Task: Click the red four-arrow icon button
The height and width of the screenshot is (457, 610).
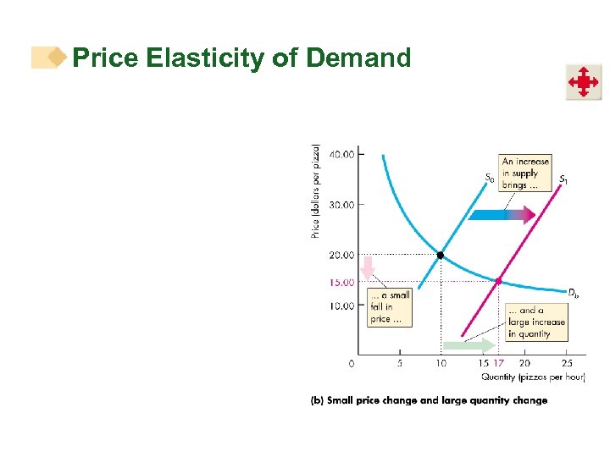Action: point(583,82)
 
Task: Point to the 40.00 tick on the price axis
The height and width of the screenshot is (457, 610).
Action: point(343,154)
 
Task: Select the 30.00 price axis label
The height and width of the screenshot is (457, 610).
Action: point(343,204)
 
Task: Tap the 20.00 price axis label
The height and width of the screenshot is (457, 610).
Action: point(343,255)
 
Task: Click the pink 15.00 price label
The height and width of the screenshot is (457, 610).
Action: point(343,282)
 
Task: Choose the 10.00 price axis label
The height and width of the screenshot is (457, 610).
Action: point(343,305)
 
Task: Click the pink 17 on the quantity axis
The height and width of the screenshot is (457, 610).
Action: point(499,363)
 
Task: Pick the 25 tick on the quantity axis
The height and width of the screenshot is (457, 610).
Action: point(567,363)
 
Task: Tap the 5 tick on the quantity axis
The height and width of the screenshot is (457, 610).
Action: point(400,363)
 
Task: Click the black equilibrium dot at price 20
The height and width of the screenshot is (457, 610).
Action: point(441,255)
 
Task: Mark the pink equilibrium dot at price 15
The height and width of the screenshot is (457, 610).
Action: point(499,281)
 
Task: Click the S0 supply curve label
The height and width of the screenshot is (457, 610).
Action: point(489,178)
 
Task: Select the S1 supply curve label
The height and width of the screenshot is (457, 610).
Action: point(563,179)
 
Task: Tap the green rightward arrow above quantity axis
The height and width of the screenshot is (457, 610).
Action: point(469,345)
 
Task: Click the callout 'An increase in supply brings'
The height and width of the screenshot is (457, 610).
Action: point(525,173)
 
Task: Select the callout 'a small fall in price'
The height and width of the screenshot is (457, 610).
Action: point(390,307)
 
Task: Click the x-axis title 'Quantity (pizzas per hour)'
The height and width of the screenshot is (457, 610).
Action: point(533,377)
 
